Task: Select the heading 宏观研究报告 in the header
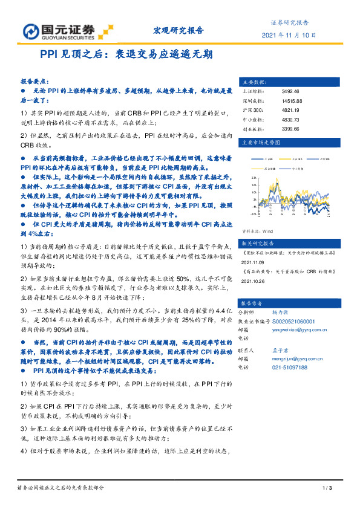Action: [x=175, y=30]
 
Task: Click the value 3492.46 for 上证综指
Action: [x=291, y=91]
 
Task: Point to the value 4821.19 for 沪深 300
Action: [x=291, y=111]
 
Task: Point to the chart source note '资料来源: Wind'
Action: [x=257, y=231]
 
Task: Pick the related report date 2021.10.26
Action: [x=254, y=281]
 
